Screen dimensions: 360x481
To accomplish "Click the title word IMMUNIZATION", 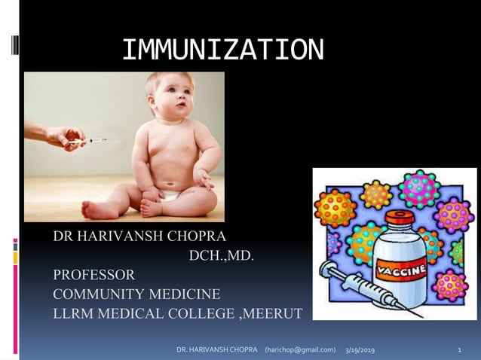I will (x=223, y=50).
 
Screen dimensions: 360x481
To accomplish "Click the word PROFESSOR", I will (x=93, y=274).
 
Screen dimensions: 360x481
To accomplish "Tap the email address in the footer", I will (x=299, y=350).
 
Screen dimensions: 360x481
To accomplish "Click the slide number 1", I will (x=459, y=350).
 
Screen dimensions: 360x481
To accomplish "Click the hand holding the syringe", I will (x=61, y=136).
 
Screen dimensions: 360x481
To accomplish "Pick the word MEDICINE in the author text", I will (x=188, y=294).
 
